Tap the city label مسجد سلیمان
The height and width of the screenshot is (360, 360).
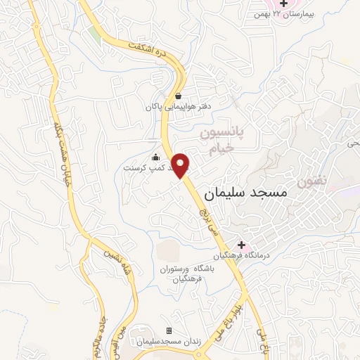coord(246,192)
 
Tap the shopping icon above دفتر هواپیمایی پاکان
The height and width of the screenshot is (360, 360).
coord(179,96)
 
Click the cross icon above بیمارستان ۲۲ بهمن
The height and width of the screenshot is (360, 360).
coord(283,5)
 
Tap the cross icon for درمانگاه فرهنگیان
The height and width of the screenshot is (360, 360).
coord(241,244)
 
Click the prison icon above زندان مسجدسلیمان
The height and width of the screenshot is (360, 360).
coord(168,330)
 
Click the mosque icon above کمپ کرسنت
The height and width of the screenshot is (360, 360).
coord(155,157)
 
